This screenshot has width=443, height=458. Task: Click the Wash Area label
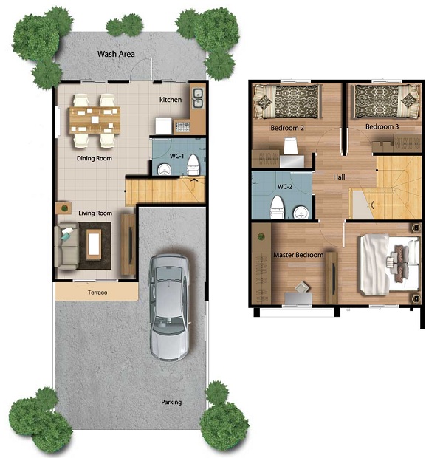tap(116, 54)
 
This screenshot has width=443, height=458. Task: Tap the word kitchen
tap(171, 100)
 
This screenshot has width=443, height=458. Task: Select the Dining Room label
tap(95, 158)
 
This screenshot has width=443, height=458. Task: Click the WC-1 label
tap(177, 157)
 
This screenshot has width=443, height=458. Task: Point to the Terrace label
tap(97, 293)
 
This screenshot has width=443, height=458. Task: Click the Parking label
tap(171, 402)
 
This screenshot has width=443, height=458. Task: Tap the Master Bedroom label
tap(298, 255)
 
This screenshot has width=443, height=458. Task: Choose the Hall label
tap(339, 177)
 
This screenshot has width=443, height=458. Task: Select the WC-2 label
tap(285, 187)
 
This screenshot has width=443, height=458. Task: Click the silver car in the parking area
tap(169, 307)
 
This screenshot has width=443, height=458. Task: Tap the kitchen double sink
tap(198, 98)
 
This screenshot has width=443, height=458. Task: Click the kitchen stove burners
tap(182, 127)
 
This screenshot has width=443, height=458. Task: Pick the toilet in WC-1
tap(193, 165)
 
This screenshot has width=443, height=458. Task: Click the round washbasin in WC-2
tap(301, 212)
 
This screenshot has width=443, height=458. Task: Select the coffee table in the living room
tap(94, 245)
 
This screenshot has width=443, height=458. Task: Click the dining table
tap(95, 120)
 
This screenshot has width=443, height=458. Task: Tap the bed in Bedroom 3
tap(385, 101)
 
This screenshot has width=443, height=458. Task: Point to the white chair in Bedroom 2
tap(290, 146)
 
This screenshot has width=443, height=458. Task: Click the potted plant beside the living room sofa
tap(64, 208)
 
